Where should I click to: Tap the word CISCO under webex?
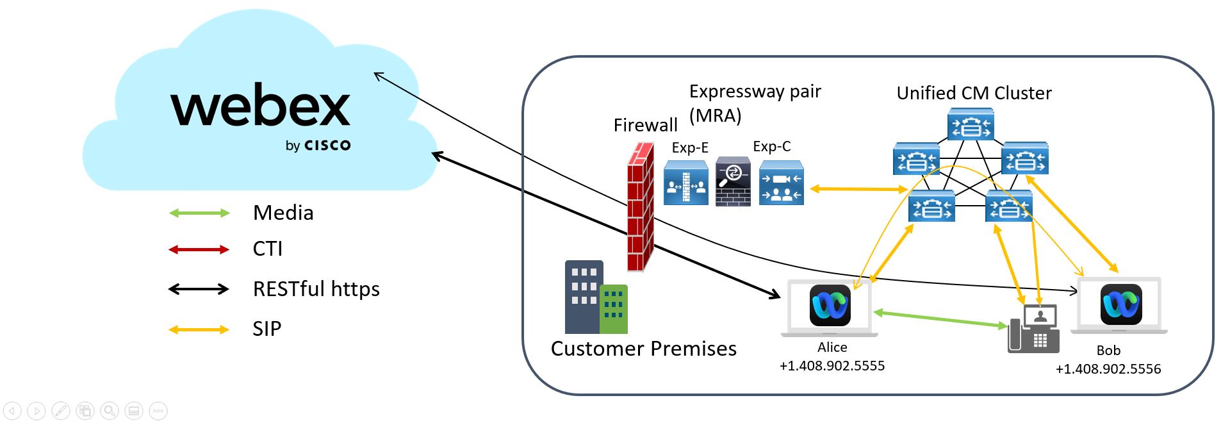click(327, 145)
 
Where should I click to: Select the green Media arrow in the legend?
click(199, 213)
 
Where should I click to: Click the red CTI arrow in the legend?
click(199, 249)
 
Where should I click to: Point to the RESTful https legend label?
click(316, 289)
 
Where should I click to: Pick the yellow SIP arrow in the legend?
click(199, 329)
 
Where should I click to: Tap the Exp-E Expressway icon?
click(686, 183)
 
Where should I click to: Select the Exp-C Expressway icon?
click(781, 183)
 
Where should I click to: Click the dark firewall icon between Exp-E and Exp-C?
click(733, 181)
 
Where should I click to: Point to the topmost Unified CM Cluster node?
click(971, 124)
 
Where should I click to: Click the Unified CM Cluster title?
click(974, 94)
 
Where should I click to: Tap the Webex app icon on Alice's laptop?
click(830, 305)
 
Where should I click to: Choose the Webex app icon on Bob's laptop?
click(1120, 304)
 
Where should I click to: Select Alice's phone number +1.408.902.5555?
click(832, 366)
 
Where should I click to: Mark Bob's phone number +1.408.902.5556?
click(1108, 369)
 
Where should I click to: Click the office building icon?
click(596, 297)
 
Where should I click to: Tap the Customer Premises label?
click(644, 349)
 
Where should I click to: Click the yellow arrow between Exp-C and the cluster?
click(858, 189)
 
